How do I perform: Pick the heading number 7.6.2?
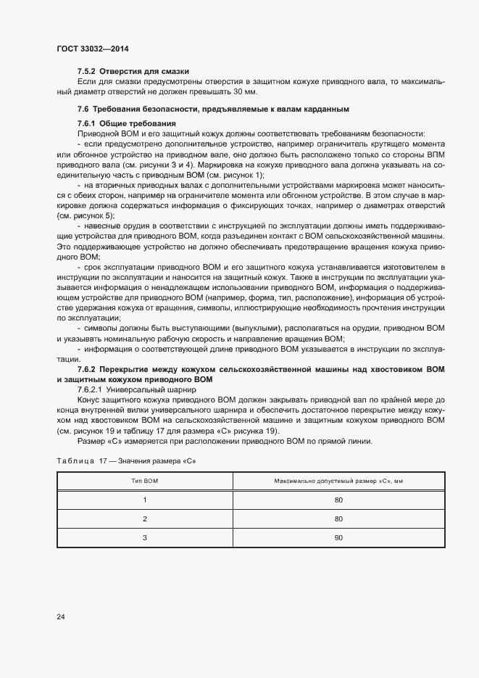(x=90, y=369)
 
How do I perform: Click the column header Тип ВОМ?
(x=145, y=481)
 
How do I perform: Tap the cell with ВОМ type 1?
(x=145, y=500)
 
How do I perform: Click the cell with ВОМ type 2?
(x=145, y=518)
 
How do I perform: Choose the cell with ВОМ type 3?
(x=145, y=537)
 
